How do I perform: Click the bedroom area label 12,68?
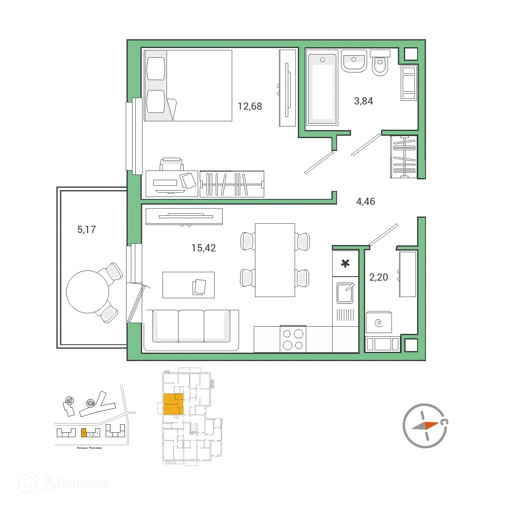click(250, 106)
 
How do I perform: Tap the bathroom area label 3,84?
click(363, 101)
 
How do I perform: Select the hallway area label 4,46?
click(365, 201)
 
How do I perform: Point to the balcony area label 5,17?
click(86, 229)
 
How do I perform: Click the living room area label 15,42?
click(203, 248)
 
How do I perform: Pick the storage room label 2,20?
click(378, 277)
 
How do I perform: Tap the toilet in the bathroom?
click(379, 64)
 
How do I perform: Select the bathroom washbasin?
click(354, 61)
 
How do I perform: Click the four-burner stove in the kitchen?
click(293, 339)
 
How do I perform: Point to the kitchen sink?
click(345, 293)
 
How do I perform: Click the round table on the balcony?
click(87, 291)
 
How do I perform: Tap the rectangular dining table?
click(275, 260)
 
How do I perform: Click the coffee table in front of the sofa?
click(188, 285)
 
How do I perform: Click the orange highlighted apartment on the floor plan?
click(173, 404)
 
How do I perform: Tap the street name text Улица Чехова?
click(89, 448)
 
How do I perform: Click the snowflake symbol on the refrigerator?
click(345, 263)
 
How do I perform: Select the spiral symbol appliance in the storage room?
click(379, 323)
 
